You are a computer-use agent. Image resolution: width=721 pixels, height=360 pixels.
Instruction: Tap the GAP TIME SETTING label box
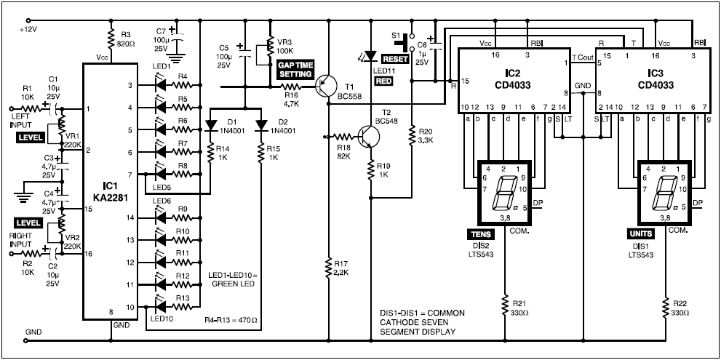295,70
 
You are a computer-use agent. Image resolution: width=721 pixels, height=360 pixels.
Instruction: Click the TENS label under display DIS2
481,234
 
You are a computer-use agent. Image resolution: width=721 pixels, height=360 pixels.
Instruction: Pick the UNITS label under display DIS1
643,234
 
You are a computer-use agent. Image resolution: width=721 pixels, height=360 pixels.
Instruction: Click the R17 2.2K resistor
328,269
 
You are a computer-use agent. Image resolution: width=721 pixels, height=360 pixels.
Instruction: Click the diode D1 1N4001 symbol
212,124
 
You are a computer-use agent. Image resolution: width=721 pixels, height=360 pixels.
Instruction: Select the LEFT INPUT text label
22,120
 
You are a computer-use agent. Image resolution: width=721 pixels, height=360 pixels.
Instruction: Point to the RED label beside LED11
384,81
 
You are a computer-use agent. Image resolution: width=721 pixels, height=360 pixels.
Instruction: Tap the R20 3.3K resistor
412,135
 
